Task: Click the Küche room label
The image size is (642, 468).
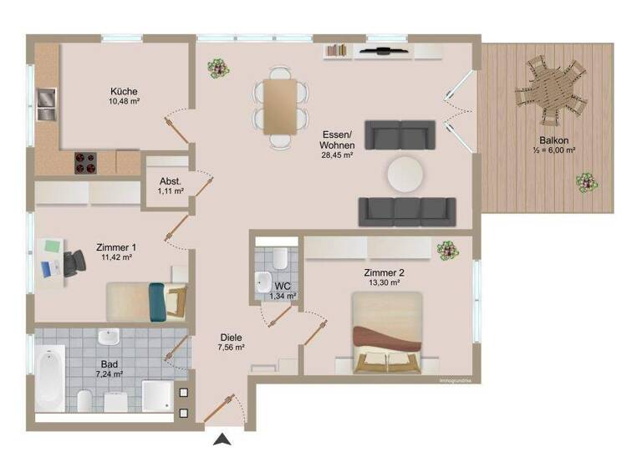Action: click(123, 91)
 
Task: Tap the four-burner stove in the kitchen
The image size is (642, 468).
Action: click(86, 162)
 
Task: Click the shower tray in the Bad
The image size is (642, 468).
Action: click(157, 396)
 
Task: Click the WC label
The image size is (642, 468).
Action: click(284, 285)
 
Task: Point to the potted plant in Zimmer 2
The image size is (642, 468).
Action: click(447, 249)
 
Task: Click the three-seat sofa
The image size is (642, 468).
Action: click(407, 211)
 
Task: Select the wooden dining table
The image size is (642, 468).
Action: click(279, 106)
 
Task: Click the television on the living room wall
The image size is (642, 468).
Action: click(384, 51)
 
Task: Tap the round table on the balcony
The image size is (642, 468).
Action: click(552, 89)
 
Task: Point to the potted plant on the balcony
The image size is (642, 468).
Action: click(587, 181)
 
